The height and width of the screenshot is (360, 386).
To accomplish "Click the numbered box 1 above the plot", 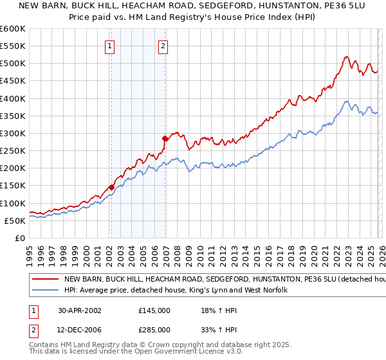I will coord(111,46).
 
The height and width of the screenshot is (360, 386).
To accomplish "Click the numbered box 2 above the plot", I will coord(163,46).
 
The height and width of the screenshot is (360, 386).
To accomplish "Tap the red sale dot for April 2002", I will coord(111,187).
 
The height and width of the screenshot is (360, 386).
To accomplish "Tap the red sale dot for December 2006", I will coord(165,138).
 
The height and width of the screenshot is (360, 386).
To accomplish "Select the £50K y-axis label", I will coord(15,221).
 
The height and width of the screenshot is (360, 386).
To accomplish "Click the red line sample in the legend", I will coord(46,280).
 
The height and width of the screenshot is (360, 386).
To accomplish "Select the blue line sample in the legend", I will coord(46,291).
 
